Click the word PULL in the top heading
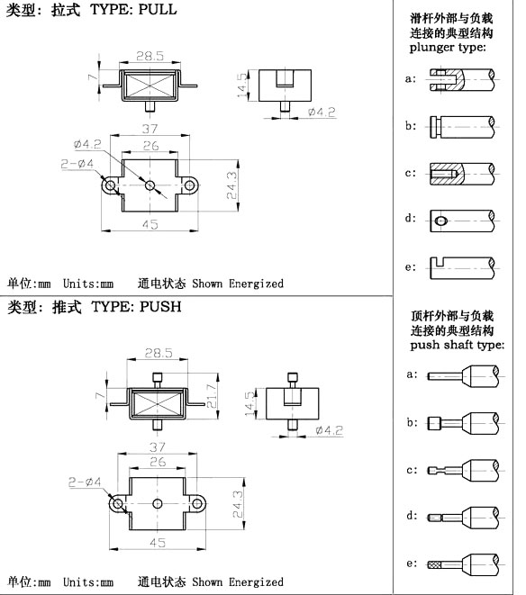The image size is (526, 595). coord(158,9)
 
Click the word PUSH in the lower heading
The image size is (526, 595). coord(160,307)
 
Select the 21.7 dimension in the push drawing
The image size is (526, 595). coord(212,396)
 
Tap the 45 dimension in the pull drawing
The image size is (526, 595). coord(150,224)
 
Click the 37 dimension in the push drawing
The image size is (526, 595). coord(158,447)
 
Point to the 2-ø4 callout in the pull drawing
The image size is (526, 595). coord(77,164)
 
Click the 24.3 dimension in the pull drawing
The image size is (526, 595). coord(231,185)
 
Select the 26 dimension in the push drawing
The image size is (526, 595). coord(158,462)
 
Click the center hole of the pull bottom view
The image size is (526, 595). coord(150,185)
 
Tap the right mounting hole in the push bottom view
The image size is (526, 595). coord(197,503)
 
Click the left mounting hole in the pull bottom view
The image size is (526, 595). coord(111,185)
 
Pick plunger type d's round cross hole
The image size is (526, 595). coord(440,221)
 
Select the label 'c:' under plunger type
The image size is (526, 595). coord(411,173)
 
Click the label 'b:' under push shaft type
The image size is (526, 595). coord(413,422)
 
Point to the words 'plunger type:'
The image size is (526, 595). coord(448,48)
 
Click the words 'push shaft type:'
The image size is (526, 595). coord(458,345)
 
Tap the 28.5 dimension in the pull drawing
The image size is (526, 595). coord(150,56)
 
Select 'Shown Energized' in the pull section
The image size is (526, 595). coord(238,284)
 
